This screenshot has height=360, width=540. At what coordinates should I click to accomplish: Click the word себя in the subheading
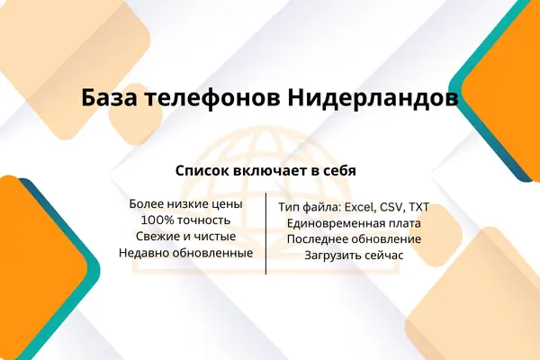pos(341,171)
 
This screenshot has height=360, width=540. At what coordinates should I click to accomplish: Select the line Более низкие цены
pos(186,204)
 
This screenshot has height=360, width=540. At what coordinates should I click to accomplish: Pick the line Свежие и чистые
pos(186,237)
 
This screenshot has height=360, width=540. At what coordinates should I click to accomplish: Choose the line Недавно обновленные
pos(186,253)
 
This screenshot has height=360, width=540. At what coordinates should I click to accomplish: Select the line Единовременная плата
pos(354,223)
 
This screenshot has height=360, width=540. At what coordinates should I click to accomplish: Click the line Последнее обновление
pos(354,239)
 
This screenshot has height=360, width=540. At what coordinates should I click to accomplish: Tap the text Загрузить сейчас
pos(354,256)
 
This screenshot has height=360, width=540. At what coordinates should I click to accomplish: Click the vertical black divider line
pos(265,234)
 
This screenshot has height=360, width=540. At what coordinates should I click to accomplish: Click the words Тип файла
pos(310,207)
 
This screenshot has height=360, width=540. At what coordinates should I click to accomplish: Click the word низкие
pos(189,204)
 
